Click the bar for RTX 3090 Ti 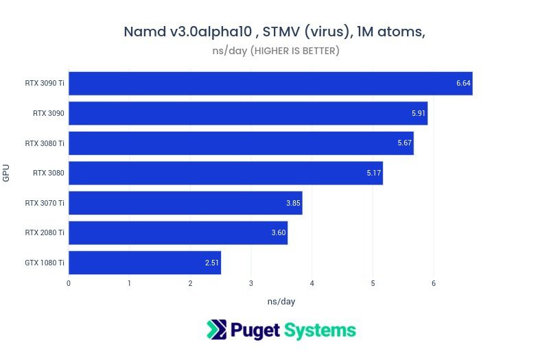pyautogui.click(x=270, y=84)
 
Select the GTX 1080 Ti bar pyautogui.click(x=144, y=263)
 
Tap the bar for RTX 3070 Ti pyautogui.click(x=185, y=203)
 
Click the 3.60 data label pyautogui.click(x=279, y=233)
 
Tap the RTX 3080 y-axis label pyautogui.click(x=48, y=173)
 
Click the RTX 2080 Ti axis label pyautogui.click(x=45, y=232)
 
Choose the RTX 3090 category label pyautogui.click(x=48, y=113)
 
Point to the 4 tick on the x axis pyautogui.click(x=312, y=283)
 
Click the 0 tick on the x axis pyautogui.click(x=69, y=283)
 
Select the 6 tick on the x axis pyautogui.click(x=433, y=283)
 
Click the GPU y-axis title pyautogui.click(x=6, y=173)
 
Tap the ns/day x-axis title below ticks pyautogui.click(x=281, y=301)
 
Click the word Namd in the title pyautogui.click(x=145, y=32)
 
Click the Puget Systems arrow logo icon pyautogui.click(x=217, y=330)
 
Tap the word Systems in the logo pyautogui.click(x=319, y=331)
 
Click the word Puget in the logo pyautogui.click(x=255, y=331)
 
